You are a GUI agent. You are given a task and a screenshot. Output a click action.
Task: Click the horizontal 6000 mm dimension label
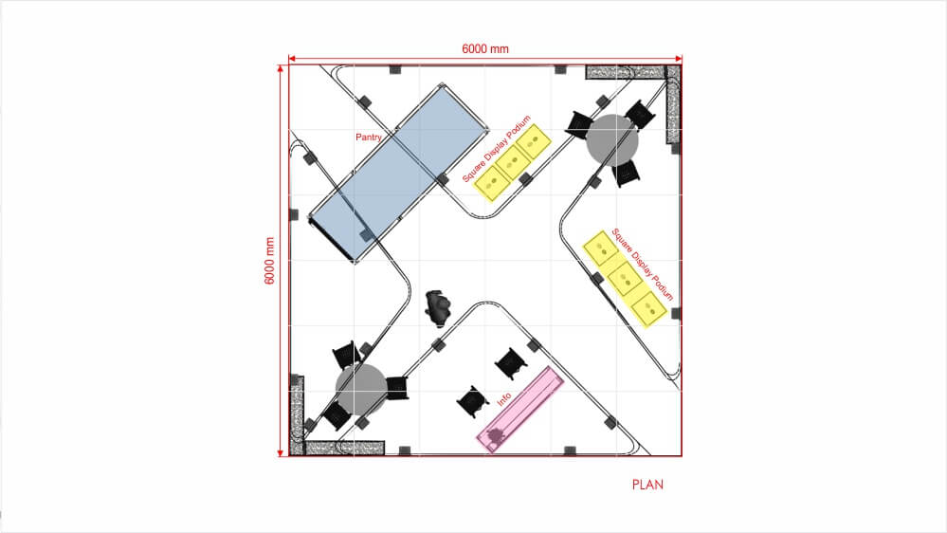(x=485, y=49)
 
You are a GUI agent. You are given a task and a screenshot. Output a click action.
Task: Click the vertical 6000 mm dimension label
(x=269, y=261)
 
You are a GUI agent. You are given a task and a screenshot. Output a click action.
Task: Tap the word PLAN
(x=647, y=485)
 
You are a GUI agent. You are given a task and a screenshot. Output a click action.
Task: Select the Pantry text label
(x=369, y=138)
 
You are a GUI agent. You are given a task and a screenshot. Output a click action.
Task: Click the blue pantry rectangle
(x=398, y=174)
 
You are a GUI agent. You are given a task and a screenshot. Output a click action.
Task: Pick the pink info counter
(x=520, y=409)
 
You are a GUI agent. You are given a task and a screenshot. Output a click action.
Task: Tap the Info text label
(x=503, y=399)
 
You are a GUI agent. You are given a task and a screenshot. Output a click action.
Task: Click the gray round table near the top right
(x=611, y=140)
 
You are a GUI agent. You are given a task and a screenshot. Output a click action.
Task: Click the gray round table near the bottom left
(x=361, y=390)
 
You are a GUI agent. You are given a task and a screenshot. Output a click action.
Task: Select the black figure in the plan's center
(x=438, y=308)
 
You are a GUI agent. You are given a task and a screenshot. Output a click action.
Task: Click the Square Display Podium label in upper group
(x=497, y=149)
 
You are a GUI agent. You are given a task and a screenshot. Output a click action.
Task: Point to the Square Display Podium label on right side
(x=643, y=264)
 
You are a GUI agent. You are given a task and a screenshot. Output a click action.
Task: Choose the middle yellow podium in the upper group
(x=513, y=162)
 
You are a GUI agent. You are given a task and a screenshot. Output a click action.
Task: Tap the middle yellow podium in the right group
(x=625, y=279)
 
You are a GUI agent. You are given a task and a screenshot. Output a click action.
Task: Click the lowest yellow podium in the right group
(x=649, y=309)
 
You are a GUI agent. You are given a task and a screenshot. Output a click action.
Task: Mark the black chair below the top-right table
(x=626, y=174)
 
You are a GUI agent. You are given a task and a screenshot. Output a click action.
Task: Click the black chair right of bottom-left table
(x=397, y=388)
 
